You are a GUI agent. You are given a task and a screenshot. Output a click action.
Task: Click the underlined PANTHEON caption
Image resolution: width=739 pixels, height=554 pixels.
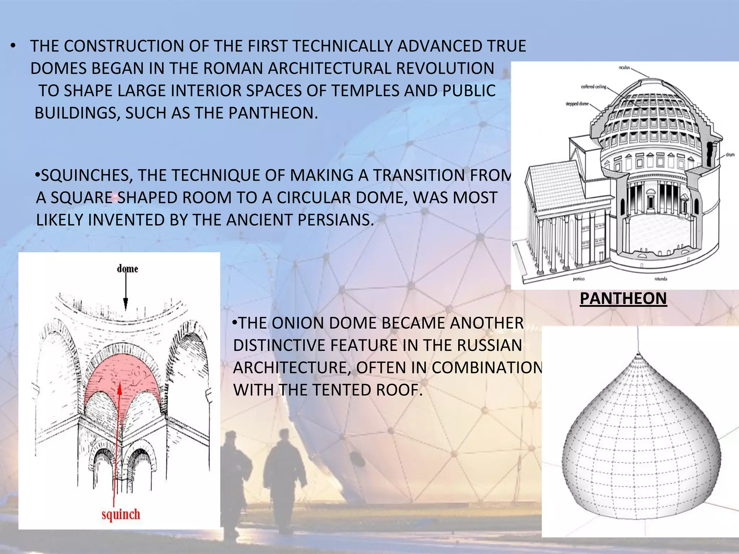point(623,299)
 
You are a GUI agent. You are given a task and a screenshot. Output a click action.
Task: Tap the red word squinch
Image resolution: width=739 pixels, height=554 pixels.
point(121,514)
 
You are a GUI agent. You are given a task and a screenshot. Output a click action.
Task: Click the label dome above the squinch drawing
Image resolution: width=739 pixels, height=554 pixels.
point(127,269)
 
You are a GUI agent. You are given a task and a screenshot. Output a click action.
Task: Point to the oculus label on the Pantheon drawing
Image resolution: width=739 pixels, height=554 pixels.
point(624,67)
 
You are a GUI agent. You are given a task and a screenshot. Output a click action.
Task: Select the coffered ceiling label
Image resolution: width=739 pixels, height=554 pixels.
point(594,87)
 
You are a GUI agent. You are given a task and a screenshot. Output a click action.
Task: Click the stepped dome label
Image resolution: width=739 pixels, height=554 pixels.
point(577,104)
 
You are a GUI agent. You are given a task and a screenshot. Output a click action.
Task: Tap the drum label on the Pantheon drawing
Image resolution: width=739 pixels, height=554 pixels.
point(730,155)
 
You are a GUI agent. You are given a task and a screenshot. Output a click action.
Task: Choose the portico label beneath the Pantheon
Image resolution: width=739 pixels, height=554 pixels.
point(578,279)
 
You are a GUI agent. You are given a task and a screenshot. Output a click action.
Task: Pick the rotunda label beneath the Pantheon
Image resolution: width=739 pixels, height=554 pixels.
point(661,279)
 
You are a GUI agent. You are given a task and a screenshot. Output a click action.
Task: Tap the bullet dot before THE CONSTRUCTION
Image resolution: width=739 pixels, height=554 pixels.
point(13,46)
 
